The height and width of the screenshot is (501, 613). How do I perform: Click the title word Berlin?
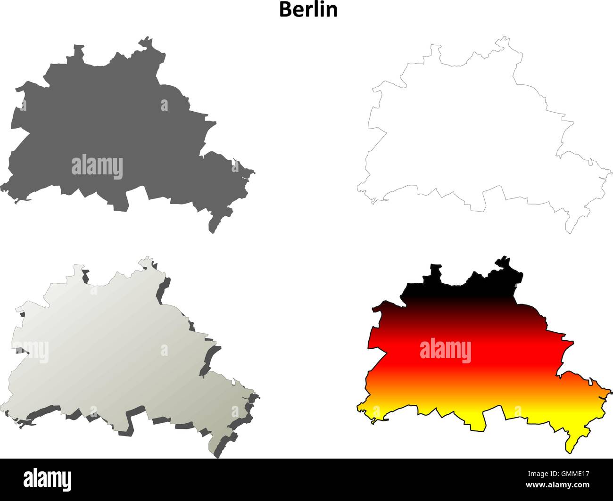coord(308,9)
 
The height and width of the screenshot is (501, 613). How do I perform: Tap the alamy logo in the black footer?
coord(48,479)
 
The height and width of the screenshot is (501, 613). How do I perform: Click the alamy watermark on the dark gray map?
coord(97,167)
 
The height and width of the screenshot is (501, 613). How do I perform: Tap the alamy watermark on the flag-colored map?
coord(445,351)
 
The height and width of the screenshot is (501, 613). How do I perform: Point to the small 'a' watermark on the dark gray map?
coord(164,105)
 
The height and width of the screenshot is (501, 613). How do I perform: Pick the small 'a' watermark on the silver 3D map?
coord(164,350)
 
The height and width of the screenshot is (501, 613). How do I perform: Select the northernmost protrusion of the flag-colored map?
coord(505,260)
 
